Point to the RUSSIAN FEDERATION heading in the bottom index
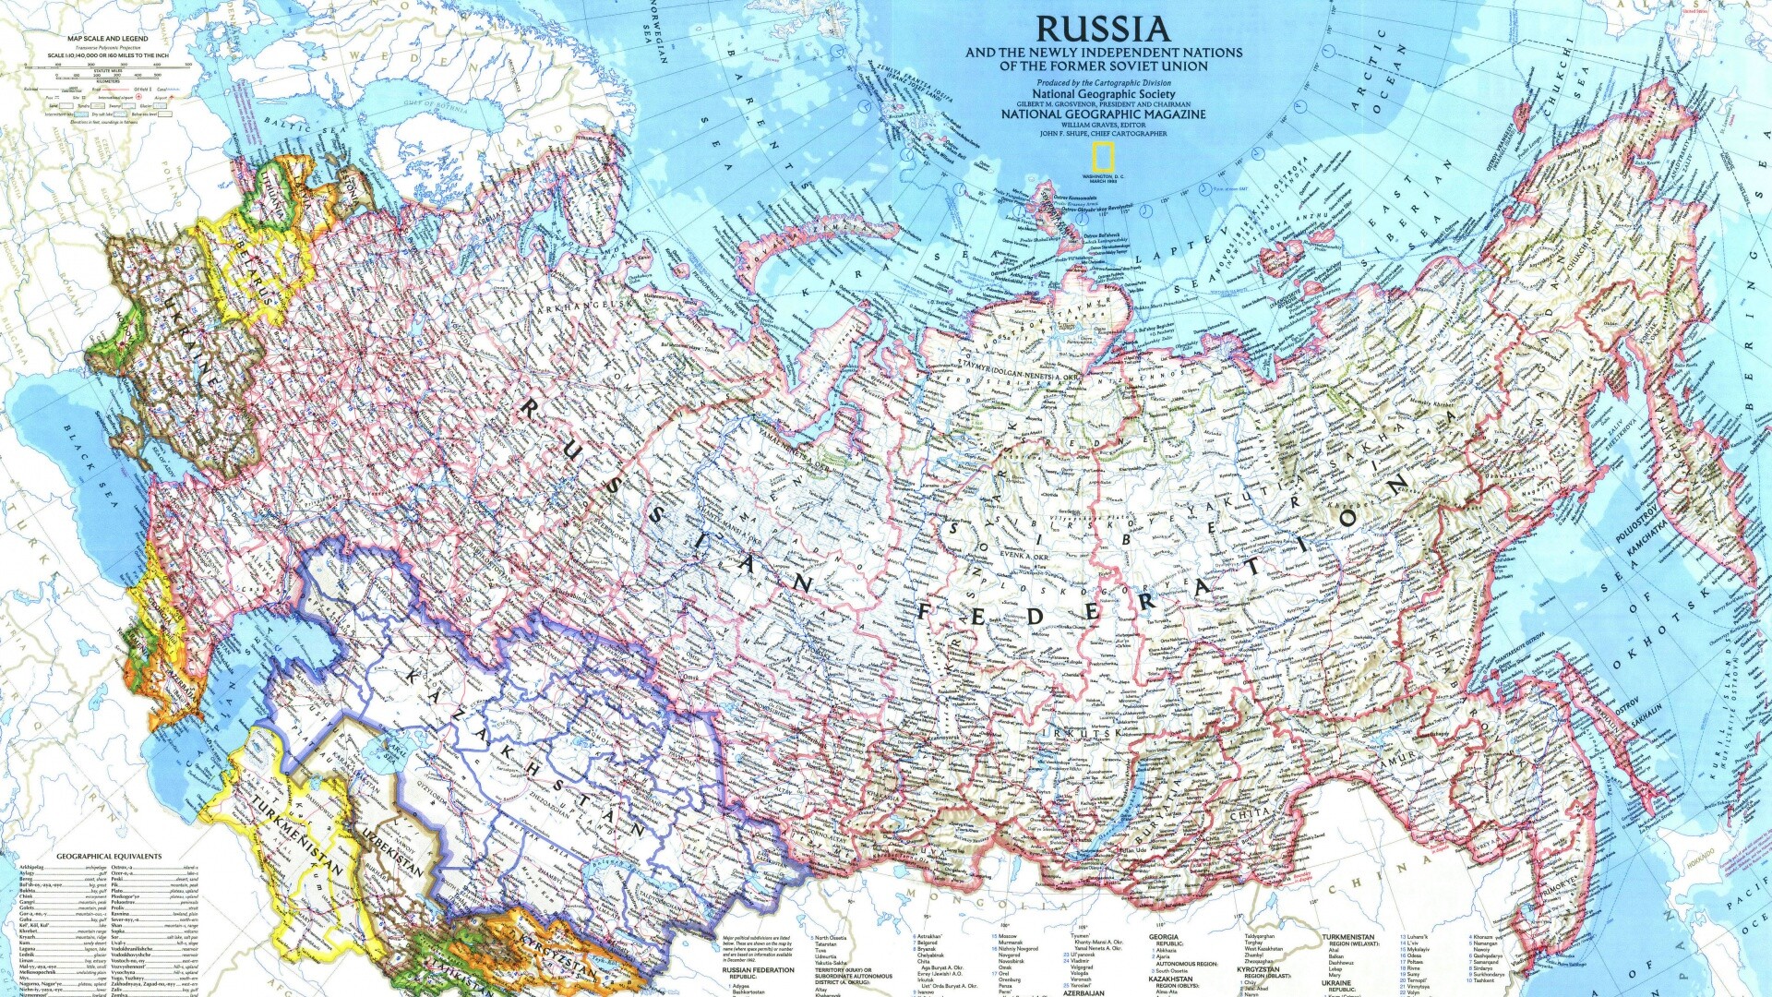click(x=758, y=970)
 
